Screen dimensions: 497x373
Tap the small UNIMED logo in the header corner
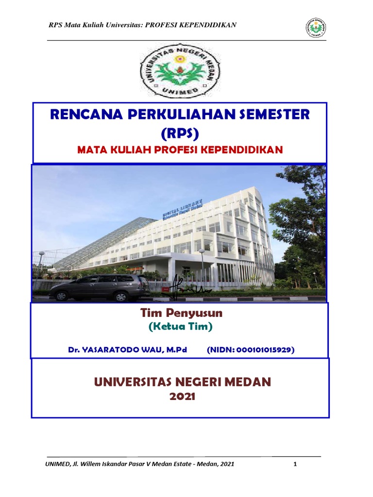316,27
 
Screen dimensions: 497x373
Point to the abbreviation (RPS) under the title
180,133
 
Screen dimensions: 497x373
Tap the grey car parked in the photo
99,286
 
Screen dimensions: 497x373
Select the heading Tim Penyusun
181,314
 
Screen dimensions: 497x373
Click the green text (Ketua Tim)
181,327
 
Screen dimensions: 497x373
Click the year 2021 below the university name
182,397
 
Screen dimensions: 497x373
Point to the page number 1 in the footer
295,464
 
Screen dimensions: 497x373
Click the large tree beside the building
300,214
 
